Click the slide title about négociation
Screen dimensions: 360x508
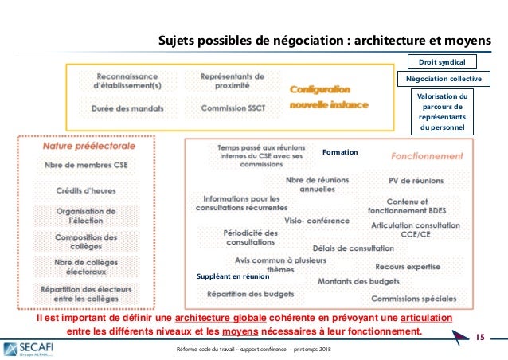(x=325, y=40)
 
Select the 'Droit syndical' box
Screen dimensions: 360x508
(x=441, y=61)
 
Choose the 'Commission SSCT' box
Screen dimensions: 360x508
(x=233, y=108)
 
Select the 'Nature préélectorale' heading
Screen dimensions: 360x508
(x=88, y=146)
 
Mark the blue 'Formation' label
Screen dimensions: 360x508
(x=340, y=151)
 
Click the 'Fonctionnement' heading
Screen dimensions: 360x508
(x=428, y=155)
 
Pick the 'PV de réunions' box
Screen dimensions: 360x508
(x=416, y=181)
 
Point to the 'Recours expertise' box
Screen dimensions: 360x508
(x=408, y=266)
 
